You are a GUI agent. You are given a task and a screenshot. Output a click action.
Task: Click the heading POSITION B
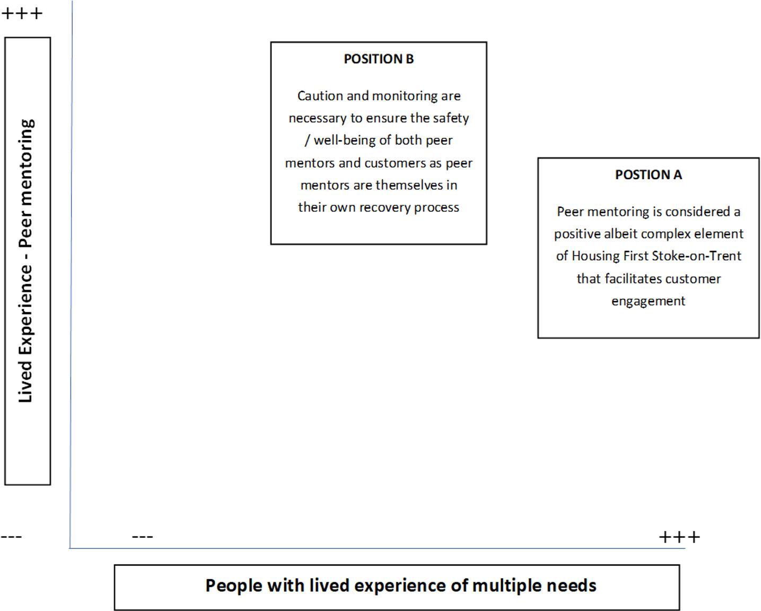point(378,59)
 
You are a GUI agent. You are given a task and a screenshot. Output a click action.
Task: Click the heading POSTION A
point(648,174)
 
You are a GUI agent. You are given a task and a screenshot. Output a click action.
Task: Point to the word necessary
point(317,118)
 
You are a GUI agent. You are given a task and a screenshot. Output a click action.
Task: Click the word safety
point(451,118)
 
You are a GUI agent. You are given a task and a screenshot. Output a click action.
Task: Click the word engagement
point(648,301)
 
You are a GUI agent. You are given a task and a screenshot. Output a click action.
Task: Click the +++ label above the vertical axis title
point(22,13)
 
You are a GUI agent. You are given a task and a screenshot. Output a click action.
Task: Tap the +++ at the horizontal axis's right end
point(679,537)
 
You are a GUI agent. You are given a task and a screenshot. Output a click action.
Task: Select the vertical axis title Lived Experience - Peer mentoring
point(26,261)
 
